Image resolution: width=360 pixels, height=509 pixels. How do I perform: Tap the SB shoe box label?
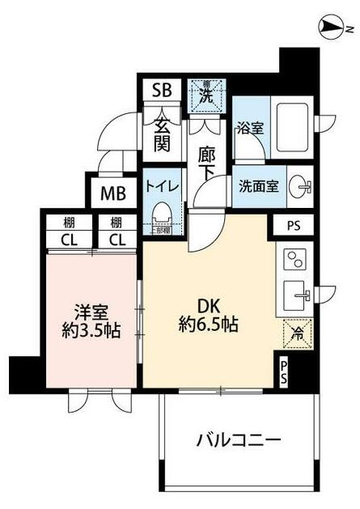tap(162, 89)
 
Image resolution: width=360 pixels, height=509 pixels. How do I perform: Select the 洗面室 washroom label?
tap(258, 185)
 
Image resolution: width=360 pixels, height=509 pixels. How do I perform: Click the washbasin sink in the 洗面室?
tap(301, 185)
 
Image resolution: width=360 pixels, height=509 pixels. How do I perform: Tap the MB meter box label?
tap(112, 193)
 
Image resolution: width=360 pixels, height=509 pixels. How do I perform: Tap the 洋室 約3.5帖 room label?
tap(91, 320)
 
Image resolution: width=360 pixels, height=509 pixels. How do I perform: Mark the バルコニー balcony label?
tap(239, 441)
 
